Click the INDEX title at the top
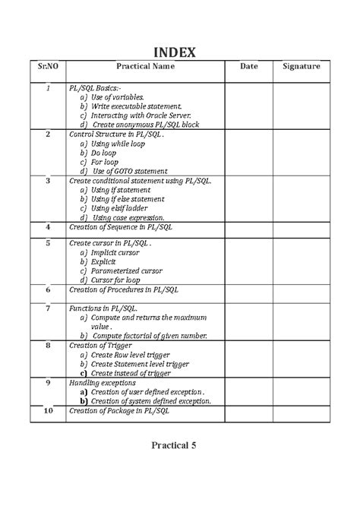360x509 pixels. click(176, 52)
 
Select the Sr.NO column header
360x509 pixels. click(48, 68)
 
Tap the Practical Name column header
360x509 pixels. click(145, 68)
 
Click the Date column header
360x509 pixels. click(249, 68)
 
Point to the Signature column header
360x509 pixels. click(302, 68)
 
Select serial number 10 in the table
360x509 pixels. click(48, 410)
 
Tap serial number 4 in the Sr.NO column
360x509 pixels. click(48, 226)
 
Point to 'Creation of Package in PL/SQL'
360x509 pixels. click(119, 410)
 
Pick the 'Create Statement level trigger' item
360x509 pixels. click(141, 363)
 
